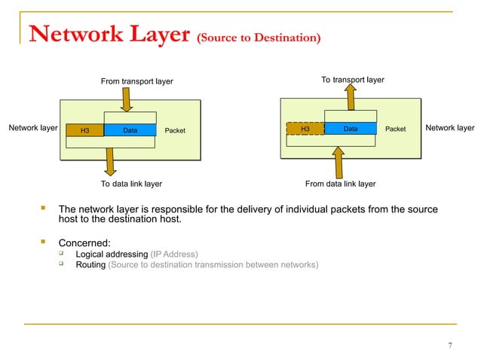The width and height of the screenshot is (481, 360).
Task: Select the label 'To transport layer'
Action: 353,79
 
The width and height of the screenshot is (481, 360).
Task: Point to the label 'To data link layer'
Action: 131,183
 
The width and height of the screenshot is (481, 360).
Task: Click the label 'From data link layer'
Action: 340,183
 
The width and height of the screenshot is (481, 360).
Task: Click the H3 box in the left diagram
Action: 84,131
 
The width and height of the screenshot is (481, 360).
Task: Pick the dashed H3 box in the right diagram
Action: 305,129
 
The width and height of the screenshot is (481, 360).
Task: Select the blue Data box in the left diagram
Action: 130,130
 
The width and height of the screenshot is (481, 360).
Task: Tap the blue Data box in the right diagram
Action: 350,129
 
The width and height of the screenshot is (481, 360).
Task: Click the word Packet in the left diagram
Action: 175,131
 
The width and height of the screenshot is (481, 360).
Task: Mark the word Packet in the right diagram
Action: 395,130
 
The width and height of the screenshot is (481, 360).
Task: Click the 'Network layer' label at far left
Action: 33,129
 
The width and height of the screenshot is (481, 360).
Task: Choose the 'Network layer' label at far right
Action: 450,129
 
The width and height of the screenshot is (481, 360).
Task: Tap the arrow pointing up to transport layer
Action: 351,97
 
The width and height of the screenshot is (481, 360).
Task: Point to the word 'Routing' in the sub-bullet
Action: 90,265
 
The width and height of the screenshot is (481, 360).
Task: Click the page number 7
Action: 450,346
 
